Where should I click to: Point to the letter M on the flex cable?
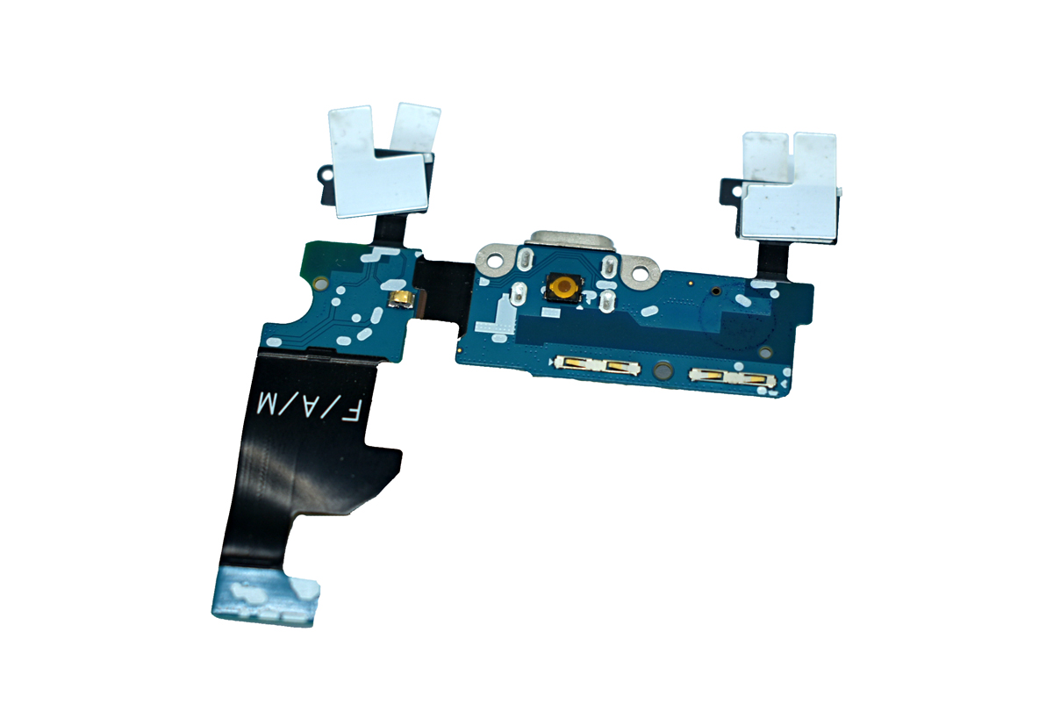pyautogui.click(x=266, y=404)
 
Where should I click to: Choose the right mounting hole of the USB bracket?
pyautogui.click(x=641, y=271)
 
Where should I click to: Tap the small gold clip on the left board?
pyautogui.click(x=400, y=299)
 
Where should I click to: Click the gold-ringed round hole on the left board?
pyautogui.click(x=321, y=284)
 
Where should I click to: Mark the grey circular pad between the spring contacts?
pyautogui.click(x=663, y=370)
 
